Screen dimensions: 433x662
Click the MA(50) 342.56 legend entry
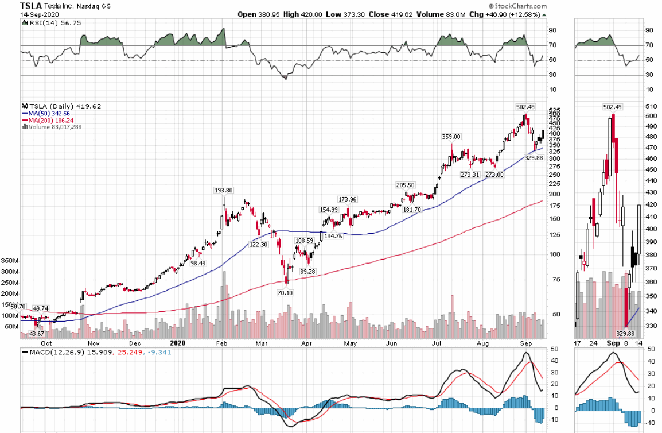click(x=49, y=113)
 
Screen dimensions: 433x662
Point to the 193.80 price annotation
click(x=223, y=190)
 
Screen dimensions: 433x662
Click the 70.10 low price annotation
click(x=284, y=293)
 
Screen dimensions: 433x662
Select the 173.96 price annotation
click(x=347, y=199)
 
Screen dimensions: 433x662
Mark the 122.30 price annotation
click(x=259, y=243)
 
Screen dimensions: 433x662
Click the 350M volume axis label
click(x=11, y=260)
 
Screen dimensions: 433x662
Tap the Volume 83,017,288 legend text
click(x=53, y=127)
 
